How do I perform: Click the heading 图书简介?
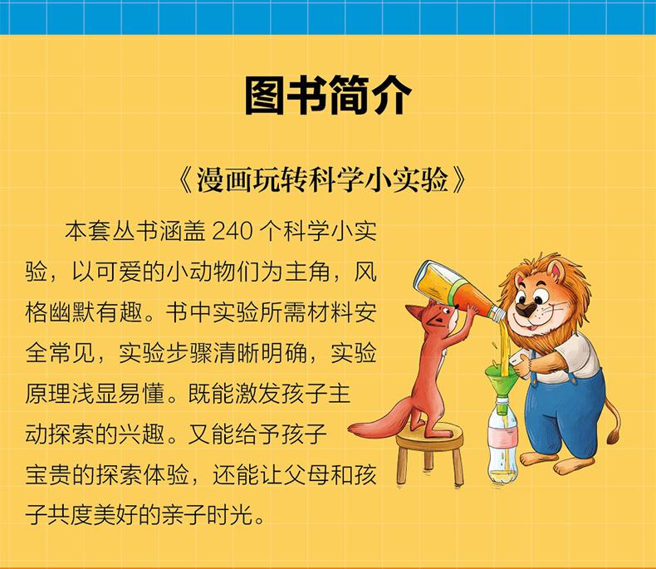(x=328, y=96)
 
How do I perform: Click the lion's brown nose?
(x=526, y=310)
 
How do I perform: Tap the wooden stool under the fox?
(x=430, y=454)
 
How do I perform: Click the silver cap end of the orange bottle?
(x=497, y=313)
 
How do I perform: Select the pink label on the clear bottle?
(x=503, y=438)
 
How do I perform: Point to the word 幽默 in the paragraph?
(x=72, y=313)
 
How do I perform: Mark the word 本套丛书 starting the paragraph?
(x=111, y=232)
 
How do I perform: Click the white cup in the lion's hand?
(x=519, y=362)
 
